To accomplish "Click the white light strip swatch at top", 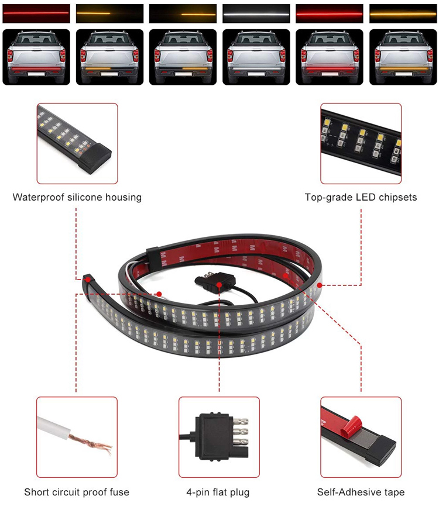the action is pos(256,13).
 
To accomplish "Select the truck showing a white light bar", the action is pos(256,57).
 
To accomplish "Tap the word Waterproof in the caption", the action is pos(39,197).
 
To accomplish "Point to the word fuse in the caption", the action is pos(119,492).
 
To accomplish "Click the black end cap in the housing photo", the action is pos(95,158).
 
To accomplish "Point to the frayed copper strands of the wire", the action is pos(92,443).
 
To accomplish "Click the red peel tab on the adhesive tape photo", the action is pos(351,426).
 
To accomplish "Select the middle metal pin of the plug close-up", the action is pos(240,432).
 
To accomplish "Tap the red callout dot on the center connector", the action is pos(220,285).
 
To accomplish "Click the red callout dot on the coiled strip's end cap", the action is pos(87,279).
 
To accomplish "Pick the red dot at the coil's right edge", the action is pos(320,285).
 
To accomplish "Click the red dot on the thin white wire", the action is pos(159,294).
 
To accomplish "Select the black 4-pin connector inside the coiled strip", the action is pos(215,280).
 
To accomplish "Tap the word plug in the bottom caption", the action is pos(239,492).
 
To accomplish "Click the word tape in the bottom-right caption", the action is pos(393,492).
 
